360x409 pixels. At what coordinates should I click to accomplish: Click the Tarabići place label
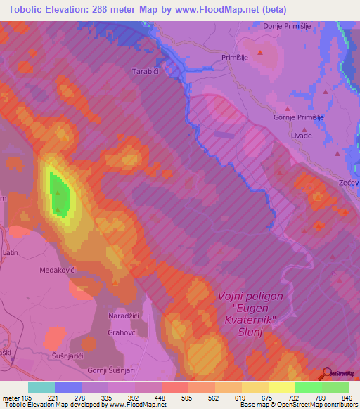[x=148, y=71]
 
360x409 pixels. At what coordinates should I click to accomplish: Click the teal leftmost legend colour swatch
[x=41, y=387]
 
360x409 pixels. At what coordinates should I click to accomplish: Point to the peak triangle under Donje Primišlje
[x=262, y=52]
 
